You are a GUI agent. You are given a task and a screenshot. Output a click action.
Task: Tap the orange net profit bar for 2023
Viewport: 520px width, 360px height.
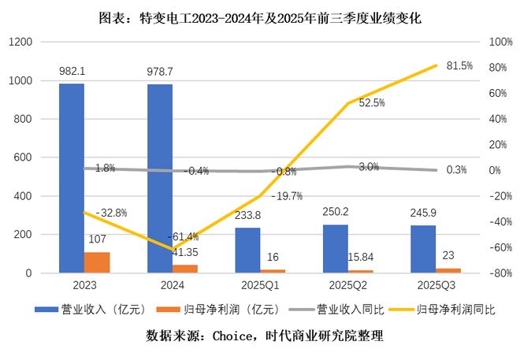click(97, 262)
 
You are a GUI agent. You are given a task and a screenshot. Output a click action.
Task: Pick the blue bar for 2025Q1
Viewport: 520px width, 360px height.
click(248, 251)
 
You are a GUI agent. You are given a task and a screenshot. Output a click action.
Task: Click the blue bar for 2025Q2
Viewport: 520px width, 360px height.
click(336, 249)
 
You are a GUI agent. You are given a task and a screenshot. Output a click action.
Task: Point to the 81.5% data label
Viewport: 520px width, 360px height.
click(459, 66)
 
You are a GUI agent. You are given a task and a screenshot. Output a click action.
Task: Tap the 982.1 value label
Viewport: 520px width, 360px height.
click(72, 72)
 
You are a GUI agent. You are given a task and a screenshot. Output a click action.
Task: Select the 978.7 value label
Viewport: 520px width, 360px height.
click(160, 72)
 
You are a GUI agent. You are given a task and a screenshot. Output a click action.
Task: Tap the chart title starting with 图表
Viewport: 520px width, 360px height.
click(259, 17)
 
